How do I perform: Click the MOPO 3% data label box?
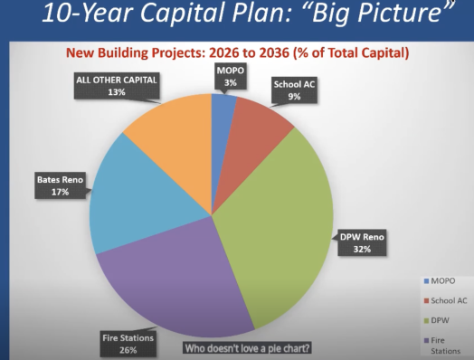(x=231, y=77)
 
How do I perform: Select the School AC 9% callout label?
(x=294, y=90)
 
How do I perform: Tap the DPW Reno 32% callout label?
(x=362, y=242)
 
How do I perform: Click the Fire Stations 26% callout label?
(x=128, y=344)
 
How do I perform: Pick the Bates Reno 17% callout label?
(x=61, y=185)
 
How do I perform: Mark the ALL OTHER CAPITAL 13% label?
(x=117, y=86)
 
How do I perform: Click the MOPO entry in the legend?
(x=440, y=280)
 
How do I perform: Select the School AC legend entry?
(x=446, y=301)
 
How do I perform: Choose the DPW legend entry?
(x=437, y=320)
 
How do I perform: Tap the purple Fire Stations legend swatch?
(x=427, y=340)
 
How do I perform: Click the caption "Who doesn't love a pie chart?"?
(x=247, y=348)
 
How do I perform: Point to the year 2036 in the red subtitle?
(x=274, y=52)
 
